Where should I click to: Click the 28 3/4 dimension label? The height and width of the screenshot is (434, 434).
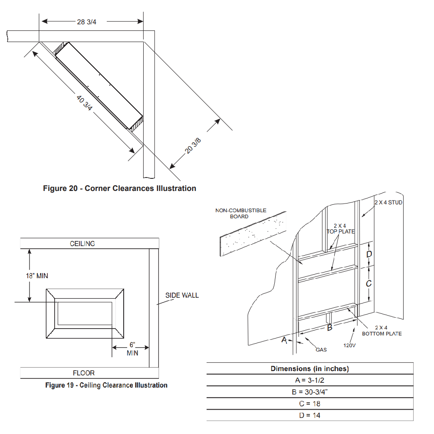pos(86,22)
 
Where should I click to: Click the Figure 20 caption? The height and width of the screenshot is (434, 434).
pos(119,188)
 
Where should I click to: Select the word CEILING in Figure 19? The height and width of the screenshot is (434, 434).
pos(82,243)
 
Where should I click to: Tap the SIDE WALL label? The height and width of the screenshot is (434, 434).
pos(182,295)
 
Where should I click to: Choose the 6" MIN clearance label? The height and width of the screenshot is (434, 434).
pos(132,349)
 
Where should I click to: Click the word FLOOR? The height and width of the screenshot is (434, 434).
pos(84,373)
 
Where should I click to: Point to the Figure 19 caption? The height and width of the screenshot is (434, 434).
pos(106,385)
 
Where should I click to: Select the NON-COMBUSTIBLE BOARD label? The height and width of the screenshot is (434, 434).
pos(241,213)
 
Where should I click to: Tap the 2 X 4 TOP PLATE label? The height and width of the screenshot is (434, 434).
pos(340,229)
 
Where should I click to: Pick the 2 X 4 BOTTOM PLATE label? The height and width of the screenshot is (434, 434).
pos(382,331)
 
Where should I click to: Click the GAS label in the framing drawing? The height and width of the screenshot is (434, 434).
pos(321,349)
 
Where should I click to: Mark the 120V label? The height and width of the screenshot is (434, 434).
pos(350,346)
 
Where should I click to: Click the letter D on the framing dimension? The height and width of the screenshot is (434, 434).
pos(369,253)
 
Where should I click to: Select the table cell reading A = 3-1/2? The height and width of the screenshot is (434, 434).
pos(310,380)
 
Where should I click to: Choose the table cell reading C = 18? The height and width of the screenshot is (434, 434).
pos(310,404)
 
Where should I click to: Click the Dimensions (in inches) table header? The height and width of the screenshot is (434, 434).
pos(310,369)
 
